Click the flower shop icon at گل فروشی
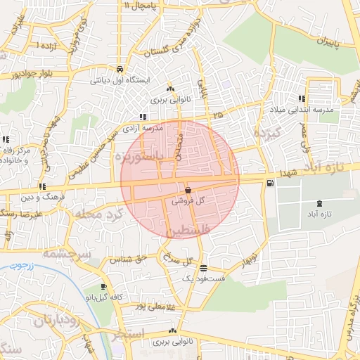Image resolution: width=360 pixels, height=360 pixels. click(x=188, y=191)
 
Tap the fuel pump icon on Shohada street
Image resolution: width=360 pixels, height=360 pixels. click(x=269, y=184)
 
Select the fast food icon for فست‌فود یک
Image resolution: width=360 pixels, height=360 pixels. click(x=203, y=269)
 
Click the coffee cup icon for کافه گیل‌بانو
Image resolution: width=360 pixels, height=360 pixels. click(x=104, y=287)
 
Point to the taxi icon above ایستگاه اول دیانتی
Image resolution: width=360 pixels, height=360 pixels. click(x=121, y=70)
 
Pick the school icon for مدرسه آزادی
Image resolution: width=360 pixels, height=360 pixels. click(x=143, y=117)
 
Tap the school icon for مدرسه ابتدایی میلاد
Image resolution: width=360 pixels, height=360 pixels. click(x=302, y=99)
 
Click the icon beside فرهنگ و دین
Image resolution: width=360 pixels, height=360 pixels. click(x=43, y=187)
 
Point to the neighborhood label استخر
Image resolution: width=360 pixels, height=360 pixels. click(x=129, y=333)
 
